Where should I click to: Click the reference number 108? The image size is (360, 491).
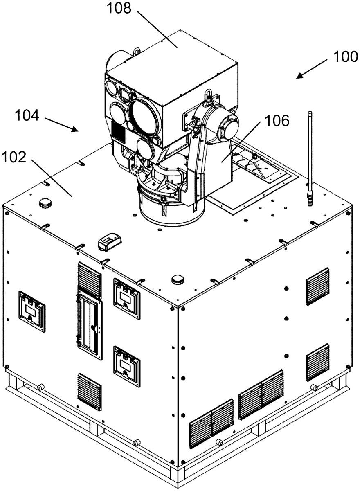pyautogui.click(x=119, y=8)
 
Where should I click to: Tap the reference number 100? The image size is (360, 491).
pyautogui.click(x=345, y=57)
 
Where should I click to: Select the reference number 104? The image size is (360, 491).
pyautogui.click(x=27, y=115)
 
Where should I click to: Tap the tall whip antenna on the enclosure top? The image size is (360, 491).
pyautogui.click(x=310, y=158)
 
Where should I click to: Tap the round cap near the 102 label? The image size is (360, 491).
pyautogui.click(x=45, y=203)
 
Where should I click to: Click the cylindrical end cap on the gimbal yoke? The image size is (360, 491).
pyautogui.click(x=228, y=128)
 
